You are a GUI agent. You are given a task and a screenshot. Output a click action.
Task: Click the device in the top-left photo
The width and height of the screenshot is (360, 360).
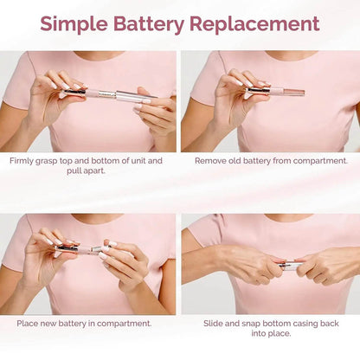point(108,92)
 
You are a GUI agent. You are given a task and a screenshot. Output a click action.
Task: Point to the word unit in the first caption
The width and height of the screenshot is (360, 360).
point(134,161)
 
